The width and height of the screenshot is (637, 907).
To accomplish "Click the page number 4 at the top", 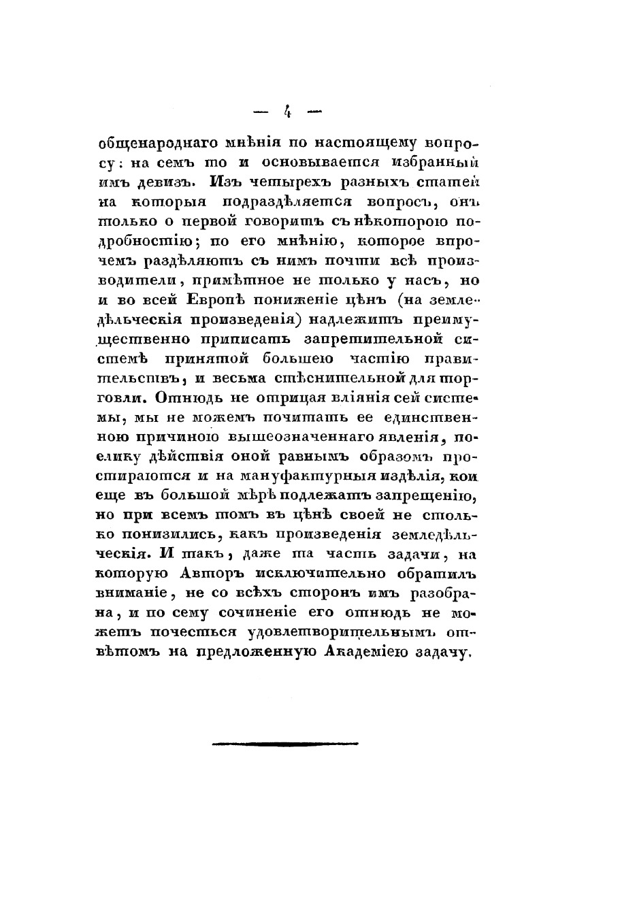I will coord(288,110).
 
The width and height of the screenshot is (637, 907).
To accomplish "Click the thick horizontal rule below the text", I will coord(284,744).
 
